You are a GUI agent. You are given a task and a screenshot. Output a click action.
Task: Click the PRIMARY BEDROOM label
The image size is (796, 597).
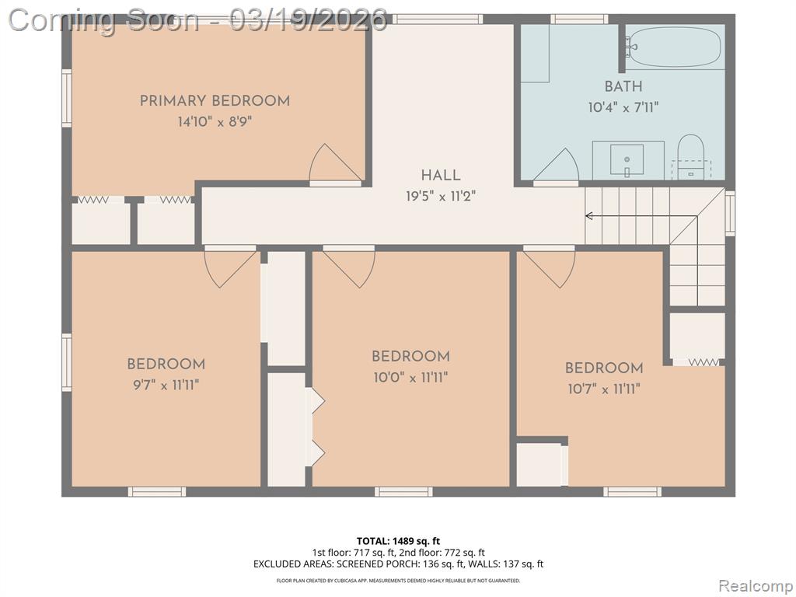[x=215, y=100]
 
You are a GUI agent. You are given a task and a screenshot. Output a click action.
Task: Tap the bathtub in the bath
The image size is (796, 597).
[x=673, y=46]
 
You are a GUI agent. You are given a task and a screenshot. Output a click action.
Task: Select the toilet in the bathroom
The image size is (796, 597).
[x=690, y=156]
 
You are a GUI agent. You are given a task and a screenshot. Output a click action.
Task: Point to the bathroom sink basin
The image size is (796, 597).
[x=627, y=160]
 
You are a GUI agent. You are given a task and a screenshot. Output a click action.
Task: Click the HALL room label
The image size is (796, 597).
[x=441, y=175]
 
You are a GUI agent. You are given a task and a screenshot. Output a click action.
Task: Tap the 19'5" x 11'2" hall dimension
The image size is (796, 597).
[x=441, y=196]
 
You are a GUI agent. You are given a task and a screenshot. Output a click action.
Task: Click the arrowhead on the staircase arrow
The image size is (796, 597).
[x=589, y=216]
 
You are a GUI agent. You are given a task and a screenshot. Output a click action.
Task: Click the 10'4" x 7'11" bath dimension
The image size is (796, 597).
[x=623, y=107]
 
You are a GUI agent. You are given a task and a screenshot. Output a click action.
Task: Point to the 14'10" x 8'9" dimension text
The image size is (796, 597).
[x=215, y=122]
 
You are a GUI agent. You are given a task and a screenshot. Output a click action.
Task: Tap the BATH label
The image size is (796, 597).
[x=623, y=86]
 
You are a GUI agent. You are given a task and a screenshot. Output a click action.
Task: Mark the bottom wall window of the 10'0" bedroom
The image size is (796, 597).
[x=403, y=491]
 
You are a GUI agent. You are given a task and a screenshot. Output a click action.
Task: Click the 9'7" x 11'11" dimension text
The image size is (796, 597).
[x=166, y=386]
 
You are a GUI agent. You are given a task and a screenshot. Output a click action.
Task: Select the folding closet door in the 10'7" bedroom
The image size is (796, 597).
[x=703, y=362]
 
